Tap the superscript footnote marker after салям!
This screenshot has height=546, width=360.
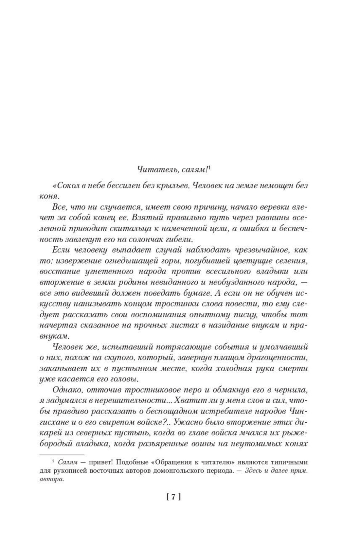pos(209,167)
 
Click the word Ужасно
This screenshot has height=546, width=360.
pos(189,422)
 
